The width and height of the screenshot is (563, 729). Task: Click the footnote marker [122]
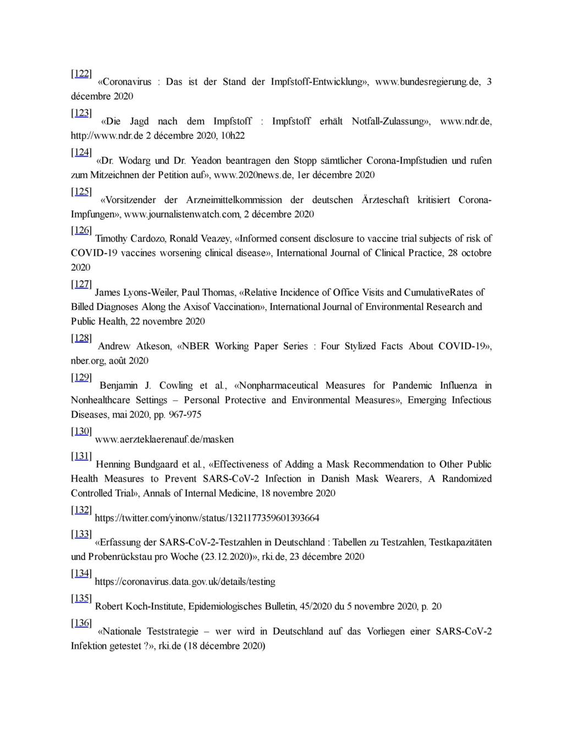(81, 74)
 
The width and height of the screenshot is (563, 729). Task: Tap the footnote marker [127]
(81, 284)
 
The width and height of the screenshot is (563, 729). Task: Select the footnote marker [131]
(81, 456)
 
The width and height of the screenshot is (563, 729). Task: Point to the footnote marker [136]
(81, 623)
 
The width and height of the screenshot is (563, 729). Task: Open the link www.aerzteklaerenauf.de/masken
(164, 439)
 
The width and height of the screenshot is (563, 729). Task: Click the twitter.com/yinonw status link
(207, 518)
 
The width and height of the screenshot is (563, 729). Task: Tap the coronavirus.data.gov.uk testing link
(185, 581)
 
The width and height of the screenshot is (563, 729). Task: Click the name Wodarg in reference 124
(135, 161)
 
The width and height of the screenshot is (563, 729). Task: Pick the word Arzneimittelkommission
(234, 200)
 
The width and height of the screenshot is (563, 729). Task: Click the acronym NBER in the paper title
(197, 346)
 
